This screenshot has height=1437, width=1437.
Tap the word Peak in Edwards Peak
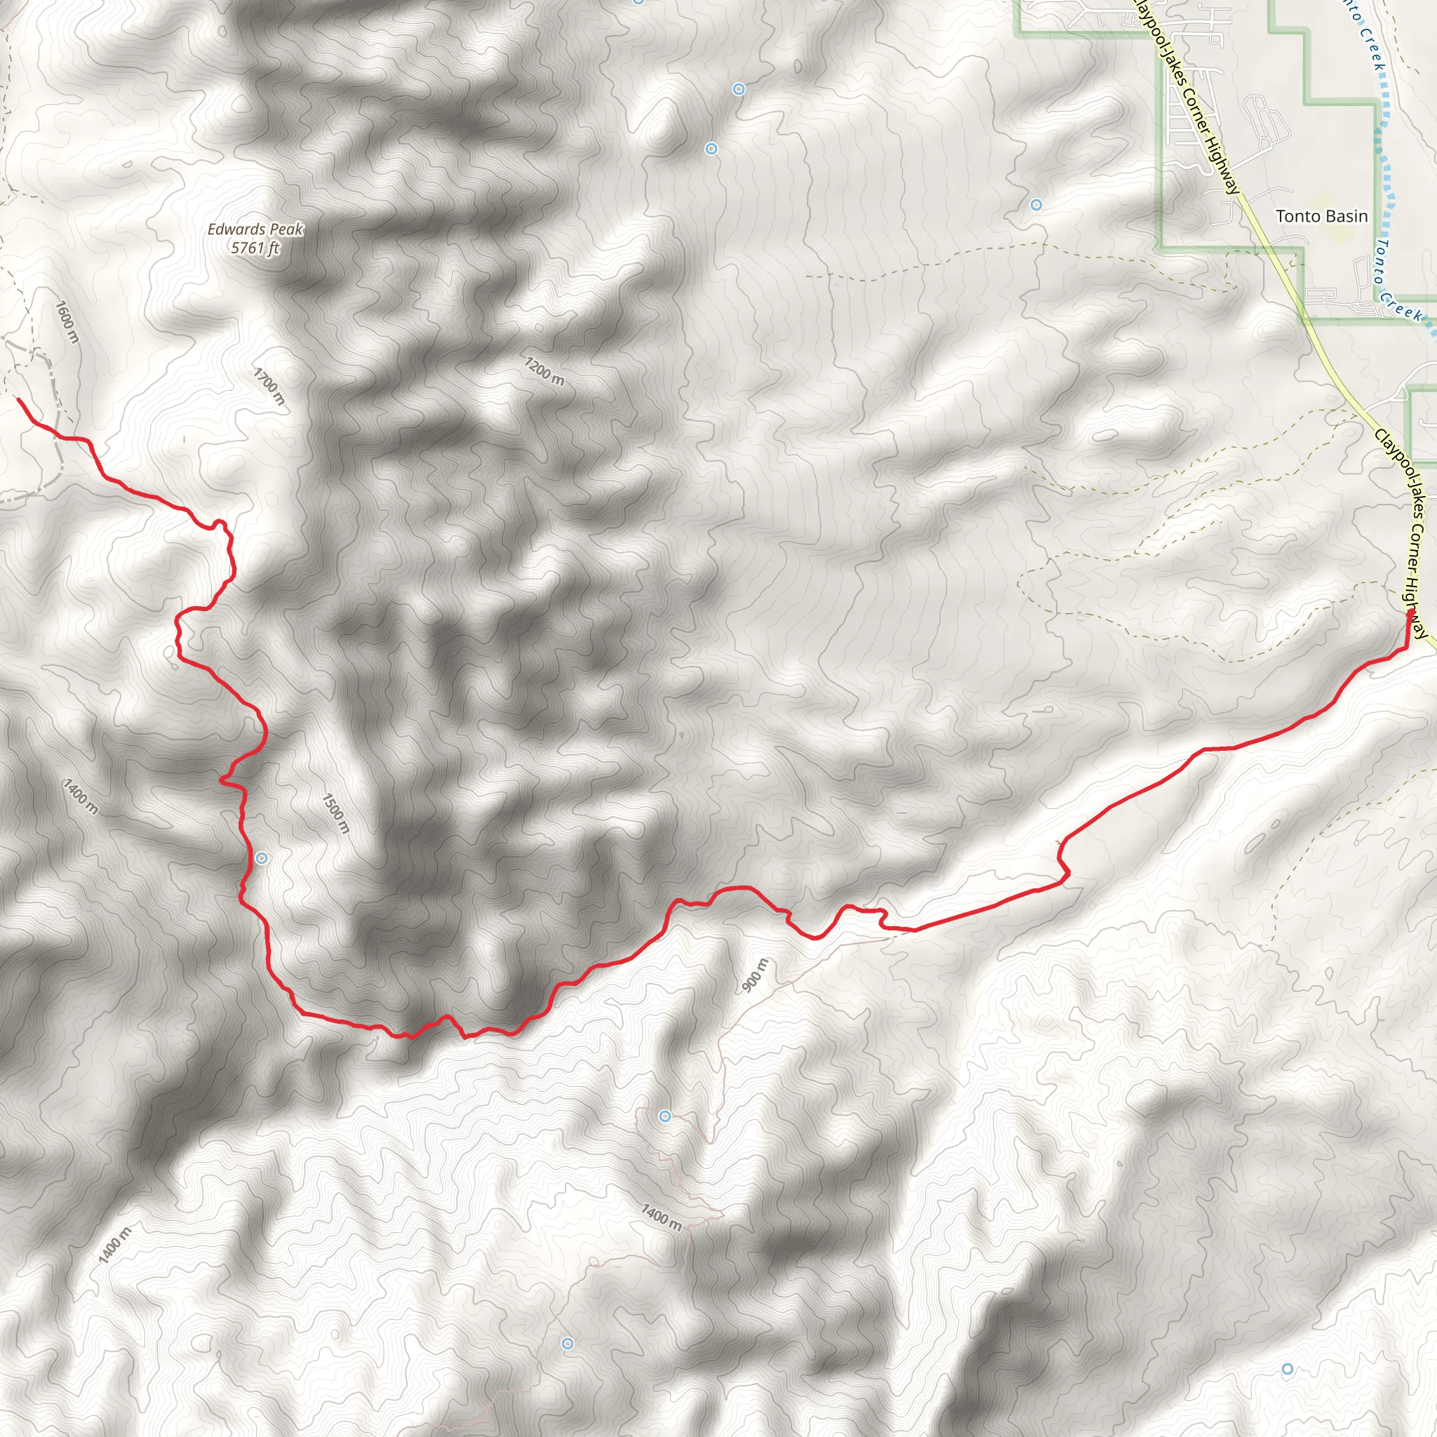pos(286,230)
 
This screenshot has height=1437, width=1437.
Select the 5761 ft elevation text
pos(255,248)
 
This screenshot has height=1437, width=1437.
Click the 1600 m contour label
pos(67,321)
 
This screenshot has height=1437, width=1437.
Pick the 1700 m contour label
pos(269,386)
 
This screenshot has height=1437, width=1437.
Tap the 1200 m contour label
pos(544,370)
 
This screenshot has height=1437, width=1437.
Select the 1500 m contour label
pos(335,813)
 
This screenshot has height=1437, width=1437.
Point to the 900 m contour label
pos(756,975)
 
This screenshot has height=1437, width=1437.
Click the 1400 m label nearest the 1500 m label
pos(79,796)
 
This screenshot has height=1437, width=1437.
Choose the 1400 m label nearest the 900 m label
pos(660,1217)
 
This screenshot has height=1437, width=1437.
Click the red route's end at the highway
pos(1410,615)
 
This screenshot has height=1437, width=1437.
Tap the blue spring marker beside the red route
pos(262,858)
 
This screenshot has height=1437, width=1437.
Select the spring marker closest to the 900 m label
pos(665,1116)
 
